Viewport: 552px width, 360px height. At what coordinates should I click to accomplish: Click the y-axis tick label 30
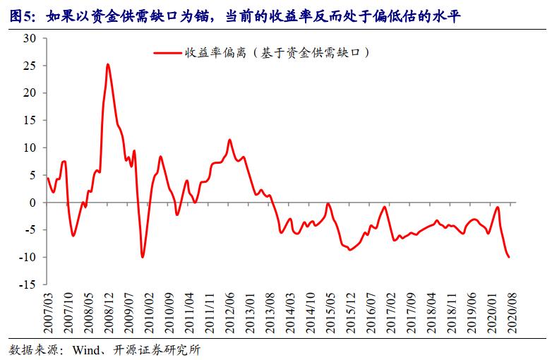click(30, 38)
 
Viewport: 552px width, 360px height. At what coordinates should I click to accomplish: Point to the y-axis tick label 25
click(30, 66)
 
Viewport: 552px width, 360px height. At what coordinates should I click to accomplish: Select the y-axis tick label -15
click(27, 284)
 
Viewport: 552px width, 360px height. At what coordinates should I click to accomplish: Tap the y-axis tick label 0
click(32, 203)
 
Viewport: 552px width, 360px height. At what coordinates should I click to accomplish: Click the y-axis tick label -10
click(27, 258)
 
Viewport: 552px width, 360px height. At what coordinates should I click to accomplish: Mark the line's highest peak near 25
click(107, 64)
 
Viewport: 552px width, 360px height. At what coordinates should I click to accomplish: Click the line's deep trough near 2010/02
click(143, 257)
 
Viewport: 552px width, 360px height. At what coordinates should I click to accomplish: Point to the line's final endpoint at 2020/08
click(509, 257)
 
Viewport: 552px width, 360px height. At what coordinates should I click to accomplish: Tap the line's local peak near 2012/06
click(229, 140)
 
